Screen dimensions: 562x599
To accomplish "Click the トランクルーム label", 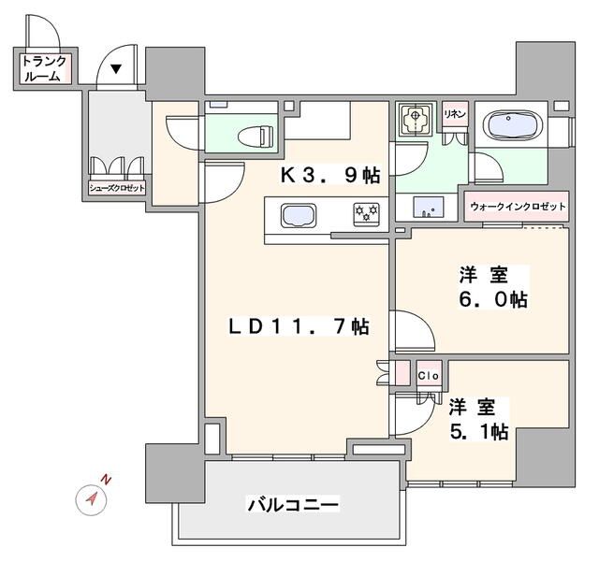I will click(44, 69).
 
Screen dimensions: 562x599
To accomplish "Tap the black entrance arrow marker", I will click(116, 68).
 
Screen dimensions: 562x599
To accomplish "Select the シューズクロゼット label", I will click(117, 186).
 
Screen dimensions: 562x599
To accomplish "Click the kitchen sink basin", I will click(299, 214).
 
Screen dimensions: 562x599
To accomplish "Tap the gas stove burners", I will click(364, 214).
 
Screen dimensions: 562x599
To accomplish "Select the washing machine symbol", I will click(414, 121).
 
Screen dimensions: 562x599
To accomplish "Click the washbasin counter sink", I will click(426, 205).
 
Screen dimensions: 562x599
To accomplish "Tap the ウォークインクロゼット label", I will click(517, 205).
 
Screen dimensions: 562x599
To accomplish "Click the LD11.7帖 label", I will click(299, 326).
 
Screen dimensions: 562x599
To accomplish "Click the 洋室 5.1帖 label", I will click(477, 420).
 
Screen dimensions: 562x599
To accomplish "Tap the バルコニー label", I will click(292, 505).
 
